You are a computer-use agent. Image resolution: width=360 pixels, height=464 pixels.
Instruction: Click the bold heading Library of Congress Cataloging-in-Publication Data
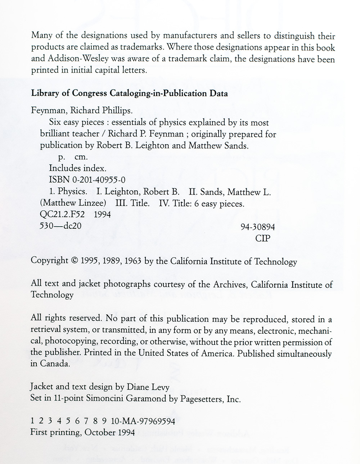click(130, 94)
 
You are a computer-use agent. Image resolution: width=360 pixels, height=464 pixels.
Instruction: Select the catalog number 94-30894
click(257, 227)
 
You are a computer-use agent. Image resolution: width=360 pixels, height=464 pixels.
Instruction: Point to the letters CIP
click(262, 238)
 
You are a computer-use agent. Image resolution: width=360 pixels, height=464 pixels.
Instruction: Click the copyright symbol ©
click(75, 261)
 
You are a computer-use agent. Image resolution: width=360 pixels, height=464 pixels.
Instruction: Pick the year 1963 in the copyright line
click(133, 261)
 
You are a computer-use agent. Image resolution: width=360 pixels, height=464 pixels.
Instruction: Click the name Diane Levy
click(148, 387)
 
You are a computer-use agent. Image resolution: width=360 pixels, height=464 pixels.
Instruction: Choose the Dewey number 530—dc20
click(60, 226)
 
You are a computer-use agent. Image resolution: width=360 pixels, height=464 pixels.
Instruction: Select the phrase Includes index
click(77, 168)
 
